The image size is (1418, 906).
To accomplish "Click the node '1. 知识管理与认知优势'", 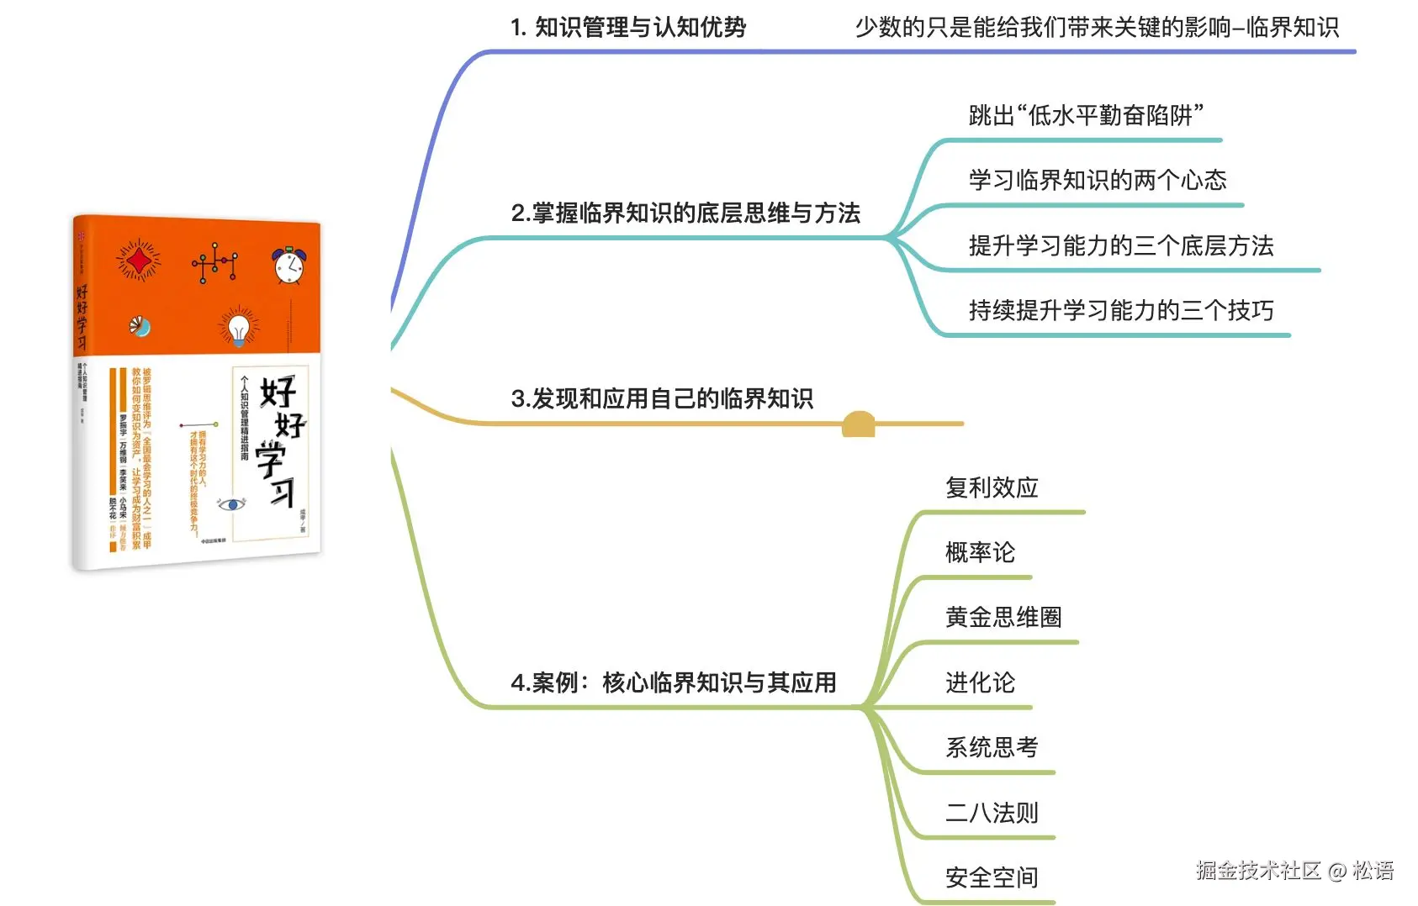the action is pos(628,28).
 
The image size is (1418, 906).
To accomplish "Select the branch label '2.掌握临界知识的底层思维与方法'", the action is pos(685,213).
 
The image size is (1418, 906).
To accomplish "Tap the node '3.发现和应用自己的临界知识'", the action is pos(662,398).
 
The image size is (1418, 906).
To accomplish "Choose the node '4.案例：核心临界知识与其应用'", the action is pos(674,682).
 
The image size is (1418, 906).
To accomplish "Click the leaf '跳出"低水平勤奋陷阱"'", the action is pos(1086,115).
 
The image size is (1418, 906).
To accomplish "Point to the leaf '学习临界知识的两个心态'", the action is pos(1098,180).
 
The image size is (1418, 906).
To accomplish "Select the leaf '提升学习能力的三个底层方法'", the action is pos(1121,245).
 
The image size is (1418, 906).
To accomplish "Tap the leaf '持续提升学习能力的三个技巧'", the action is pos(1121,310).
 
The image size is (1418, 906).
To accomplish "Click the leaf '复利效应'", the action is pos(992,487).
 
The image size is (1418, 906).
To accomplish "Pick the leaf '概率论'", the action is pos(980,552).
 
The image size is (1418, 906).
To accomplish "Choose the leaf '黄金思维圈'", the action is pos(1003,617).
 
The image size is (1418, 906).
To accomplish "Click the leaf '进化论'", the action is pos(980,682).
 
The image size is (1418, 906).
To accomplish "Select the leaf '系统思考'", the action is pos(992,747).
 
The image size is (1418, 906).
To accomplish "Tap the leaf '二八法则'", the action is pos(992,813).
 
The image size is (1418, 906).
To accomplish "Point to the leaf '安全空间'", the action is pos(992,877).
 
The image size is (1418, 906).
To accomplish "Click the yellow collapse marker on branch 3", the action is pos(858,424).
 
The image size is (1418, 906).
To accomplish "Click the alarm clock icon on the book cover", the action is pos(288,265).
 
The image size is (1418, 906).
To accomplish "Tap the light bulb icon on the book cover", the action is pos(239,327).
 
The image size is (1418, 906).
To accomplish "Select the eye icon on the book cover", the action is pos(231,504).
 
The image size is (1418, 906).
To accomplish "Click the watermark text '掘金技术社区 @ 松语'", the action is pos(1294,871).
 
